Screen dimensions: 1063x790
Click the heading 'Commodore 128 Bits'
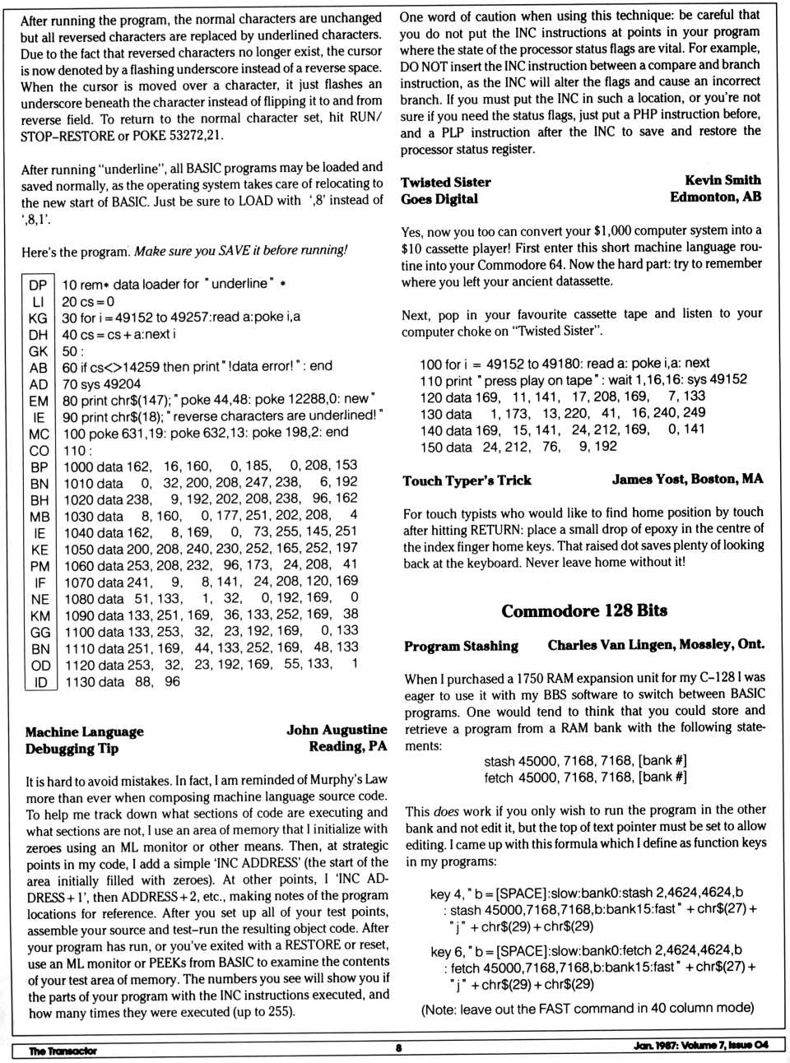point(584,611)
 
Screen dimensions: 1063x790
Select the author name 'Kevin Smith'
point(723,180)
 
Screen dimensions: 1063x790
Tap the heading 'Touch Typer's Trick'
point(467,480)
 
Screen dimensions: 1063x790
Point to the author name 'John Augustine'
point(337,730)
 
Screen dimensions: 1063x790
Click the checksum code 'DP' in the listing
point(38,285)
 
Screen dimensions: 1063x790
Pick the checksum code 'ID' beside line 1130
point(40,682)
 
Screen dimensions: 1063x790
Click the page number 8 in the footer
point(398,1048)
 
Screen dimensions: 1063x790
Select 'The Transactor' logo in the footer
point(63,1051)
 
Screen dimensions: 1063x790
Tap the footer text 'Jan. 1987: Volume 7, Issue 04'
point(701,1045)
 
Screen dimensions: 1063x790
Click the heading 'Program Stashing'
point(461,646)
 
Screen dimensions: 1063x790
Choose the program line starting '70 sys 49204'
point(101,383)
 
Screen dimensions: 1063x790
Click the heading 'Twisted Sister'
point(445,182)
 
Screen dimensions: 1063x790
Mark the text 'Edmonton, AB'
point(715,197)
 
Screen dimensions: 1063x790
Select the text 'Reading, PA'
point(347,746)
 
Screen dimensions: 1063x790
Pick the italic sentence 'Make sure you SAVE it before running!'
point(240,250)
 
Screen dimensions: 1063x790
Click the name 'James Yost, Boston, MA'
point(687,479)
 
